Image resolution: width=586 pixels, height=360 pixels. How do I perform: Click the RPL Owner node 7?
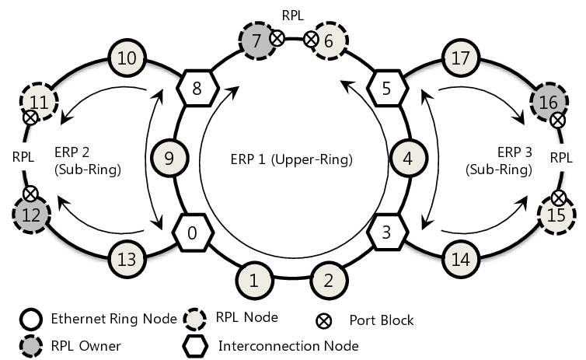256,40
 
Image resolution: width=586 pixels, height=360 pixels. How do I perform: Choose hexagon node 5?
386,88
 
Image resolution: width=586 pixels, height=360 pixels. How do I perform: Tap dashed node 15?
554,212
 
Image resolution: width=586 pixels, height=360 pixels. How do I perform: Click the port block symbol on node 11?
30,117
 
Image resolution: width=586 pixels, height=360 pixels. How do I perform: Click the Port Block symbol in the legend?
326,319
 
